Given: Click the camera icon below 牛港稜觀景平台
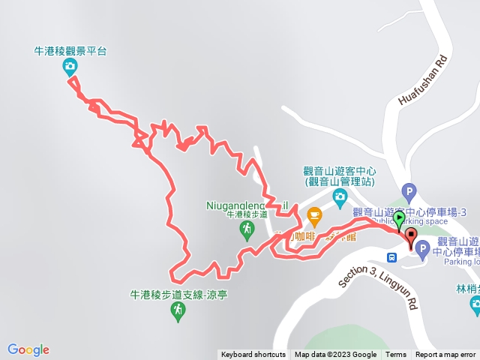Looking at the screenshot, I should pos(70,67).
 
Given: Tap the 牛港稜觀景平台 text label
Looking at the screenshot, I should pos(71,51).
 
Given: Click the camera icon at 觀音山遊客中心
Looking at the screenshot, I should pos(340,197).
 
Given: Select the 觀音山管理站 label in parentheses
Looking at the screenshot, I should pos(340,181).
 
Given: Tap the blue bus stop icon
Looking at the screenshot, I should pos(391,257).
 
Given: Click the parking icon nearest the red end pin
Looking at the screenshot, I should pos(422,248).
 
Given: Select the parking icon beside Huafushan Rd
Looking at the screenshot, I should pos(408,191).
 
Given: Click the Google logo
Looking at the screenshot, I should pos(28,349).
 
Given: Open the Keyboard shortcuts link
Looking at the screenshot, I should pos(253,355).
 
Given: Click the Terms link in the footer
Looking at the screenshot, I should pos(396,355).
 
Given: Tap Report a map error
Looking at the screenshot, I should pos(445,355).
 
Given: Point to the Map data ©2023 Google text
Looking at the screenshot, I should pos(335,355).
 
